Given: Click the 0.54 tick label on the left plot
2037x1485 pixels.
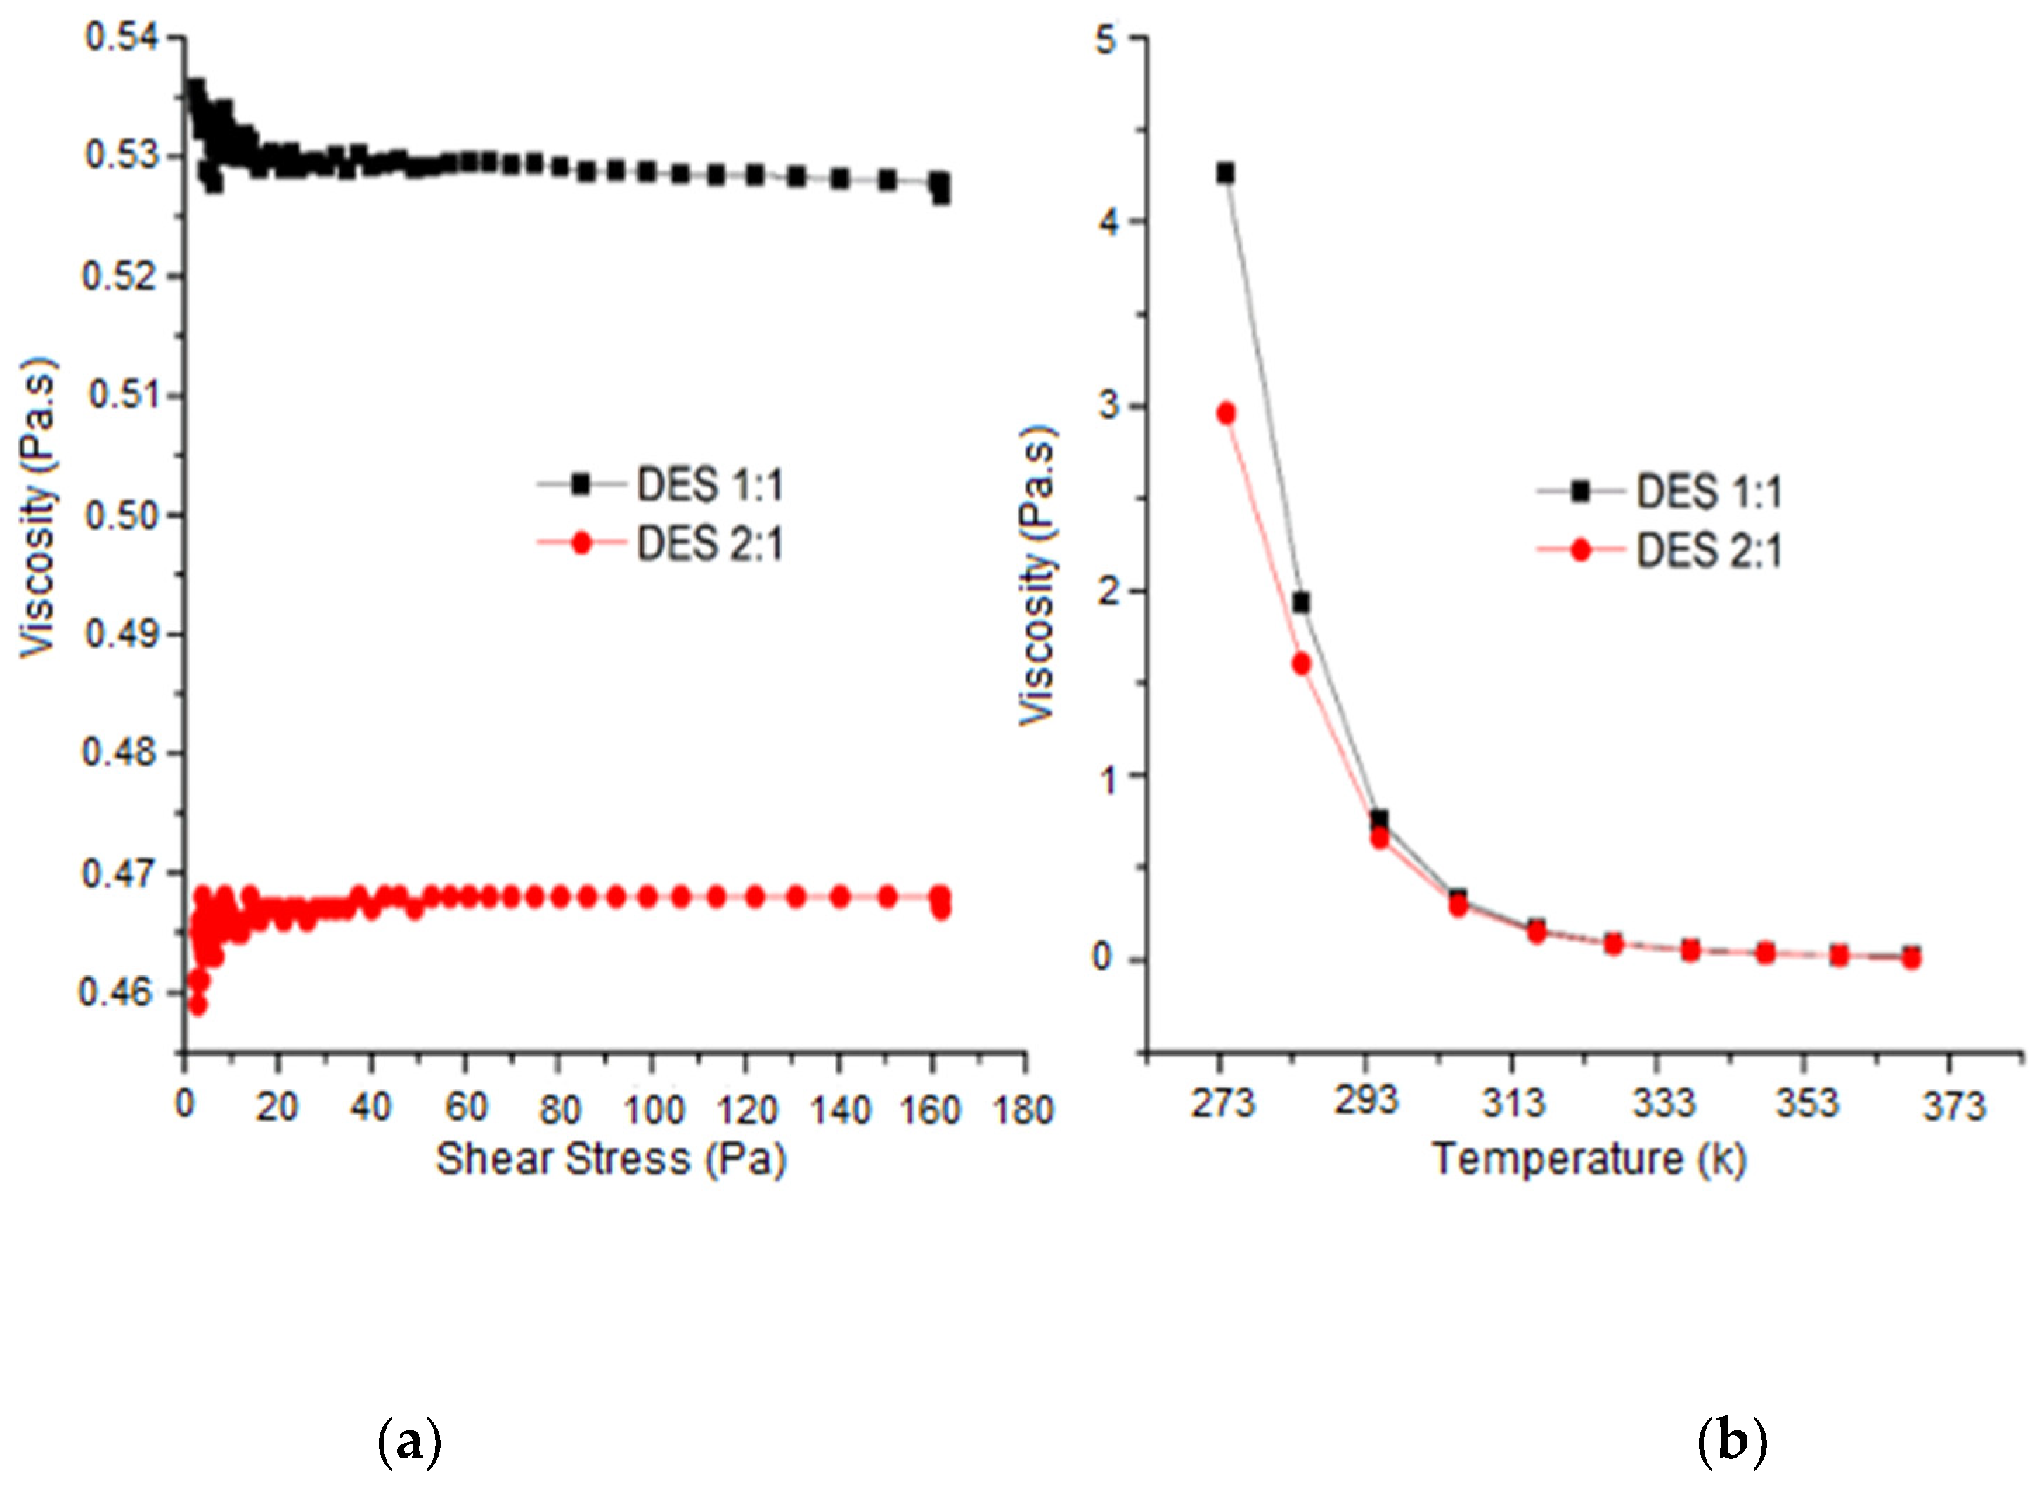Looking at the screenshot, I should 119,38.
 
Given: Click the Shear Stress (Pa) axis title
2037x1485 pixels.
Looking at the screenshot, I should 612,1160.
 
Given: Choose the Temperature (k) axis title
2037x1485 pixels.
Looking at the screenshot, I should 1589,1160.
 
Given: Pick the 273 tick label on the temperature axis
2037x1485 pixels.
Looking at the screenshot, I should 1222,1103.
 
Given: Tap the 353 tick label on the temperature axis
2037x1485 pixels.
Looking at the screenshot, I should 1807,1103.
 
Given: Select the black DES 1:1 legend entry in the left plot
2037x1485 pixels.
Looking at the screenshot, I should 661,486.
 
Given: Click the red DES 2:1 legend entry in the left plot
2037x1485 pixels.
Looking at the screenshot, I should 661,544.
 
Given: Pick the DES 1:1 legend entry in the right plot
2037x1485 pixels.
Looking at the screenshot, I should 1660,492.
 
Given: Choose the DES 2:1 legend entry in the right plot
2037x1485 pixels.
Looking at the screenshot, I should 1660,550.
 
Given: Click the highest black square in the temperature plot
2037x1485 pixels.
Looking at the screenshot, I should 1225,174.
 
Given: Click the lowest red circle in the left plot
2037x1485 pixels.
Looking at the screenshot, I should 198,1005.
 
